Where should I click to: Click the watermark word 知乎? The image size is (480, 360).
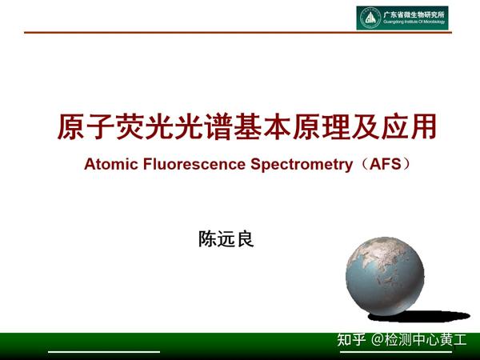tap(350, 338)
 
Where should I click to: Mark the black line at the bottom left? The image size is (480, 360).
tap(104, 351)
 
